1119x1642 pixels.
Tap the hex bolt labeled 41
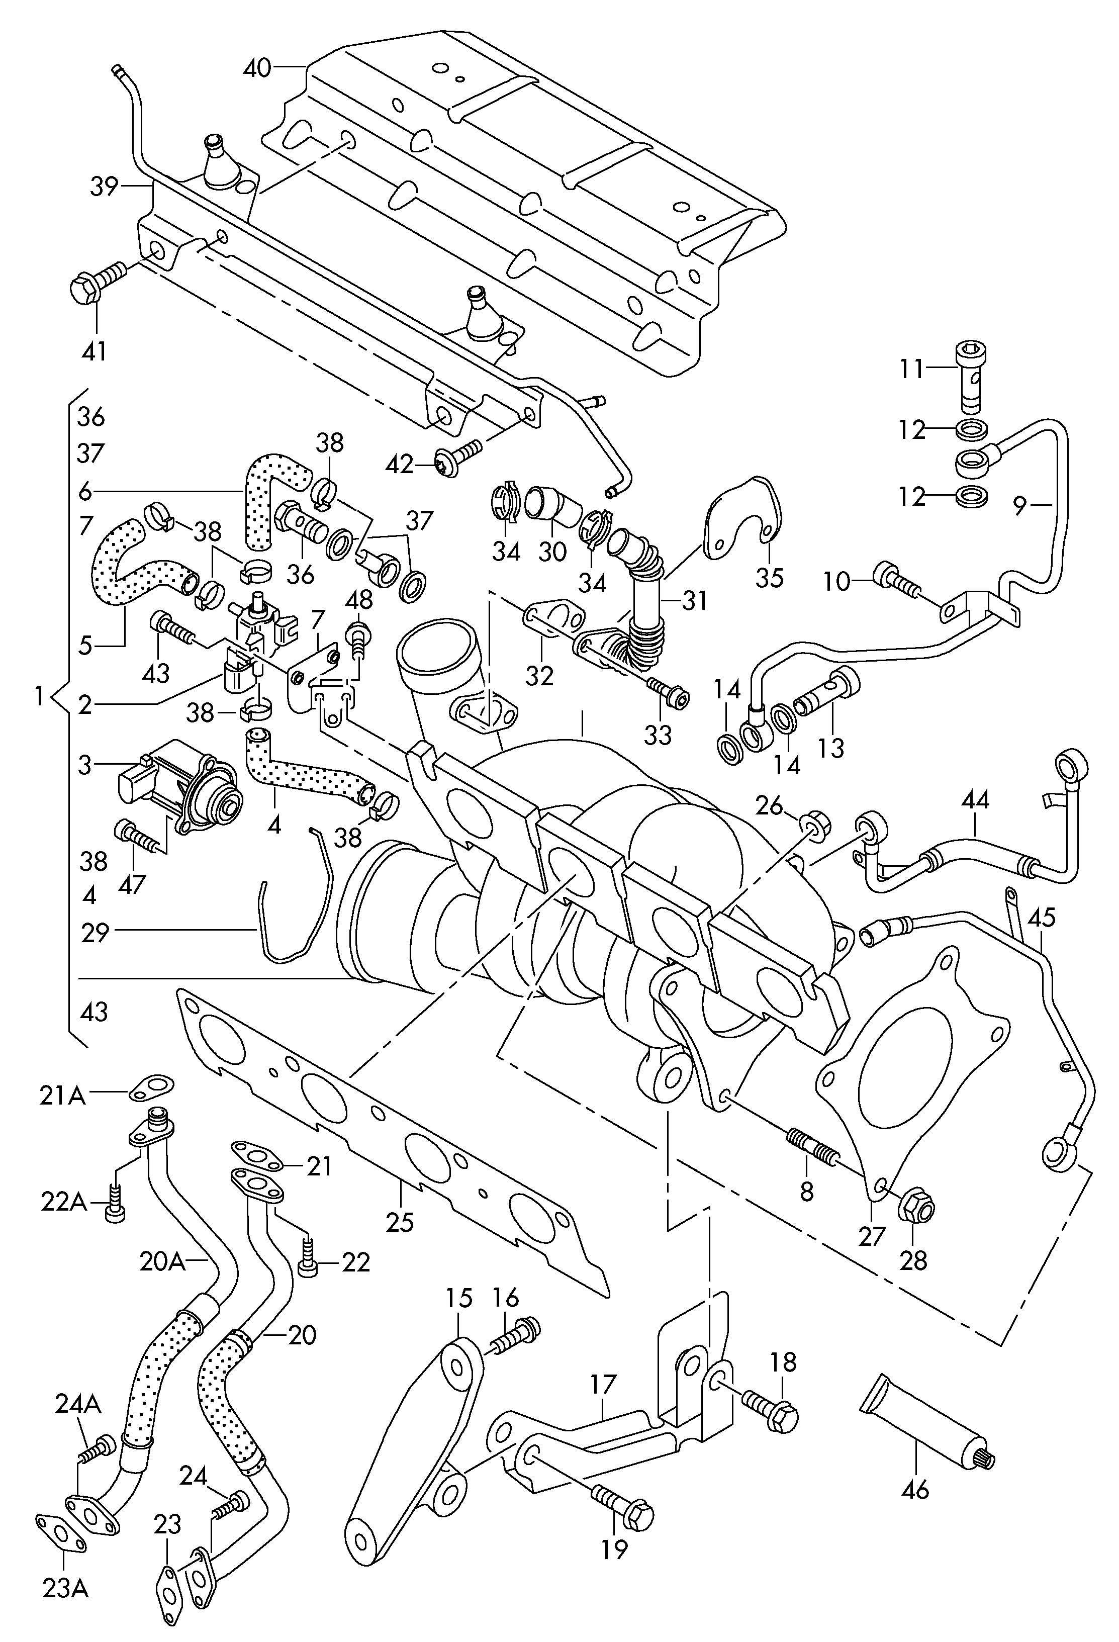98,283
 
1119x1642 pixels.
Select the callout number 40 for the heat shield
257,68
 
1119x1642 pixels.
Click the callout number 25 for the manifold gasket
400,1221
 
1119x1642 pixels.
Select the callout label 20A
162,1261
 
